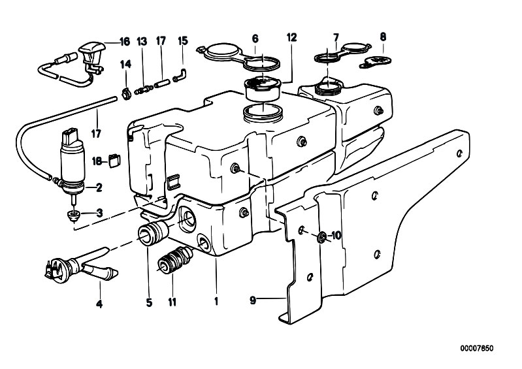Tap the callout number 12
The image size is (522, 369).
(x=291, y=37)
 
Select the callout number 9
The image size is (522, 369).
(x=253, y=300)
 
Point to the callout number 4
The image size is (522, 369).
(x=99, y=304)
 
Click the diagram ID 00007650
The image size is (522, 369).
(x=477, y=348)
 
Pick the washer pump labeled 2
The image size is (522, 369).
(x=72, y=161)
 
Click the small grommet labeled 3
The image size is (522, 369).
(x=73, y=216)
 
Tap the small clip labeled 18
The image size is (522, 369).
(x=115, y=161)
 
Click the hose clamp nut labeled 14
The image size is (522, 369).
(x=126, y=95)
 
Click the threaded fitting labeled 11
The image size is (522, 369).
(x=175, y=261)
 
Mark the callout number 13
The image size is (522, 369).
(x=142, y=42)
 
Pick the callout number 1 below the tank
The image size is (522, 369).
(x=216, y=302)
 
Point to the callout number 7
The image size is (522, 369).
(x=336, y=37)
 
